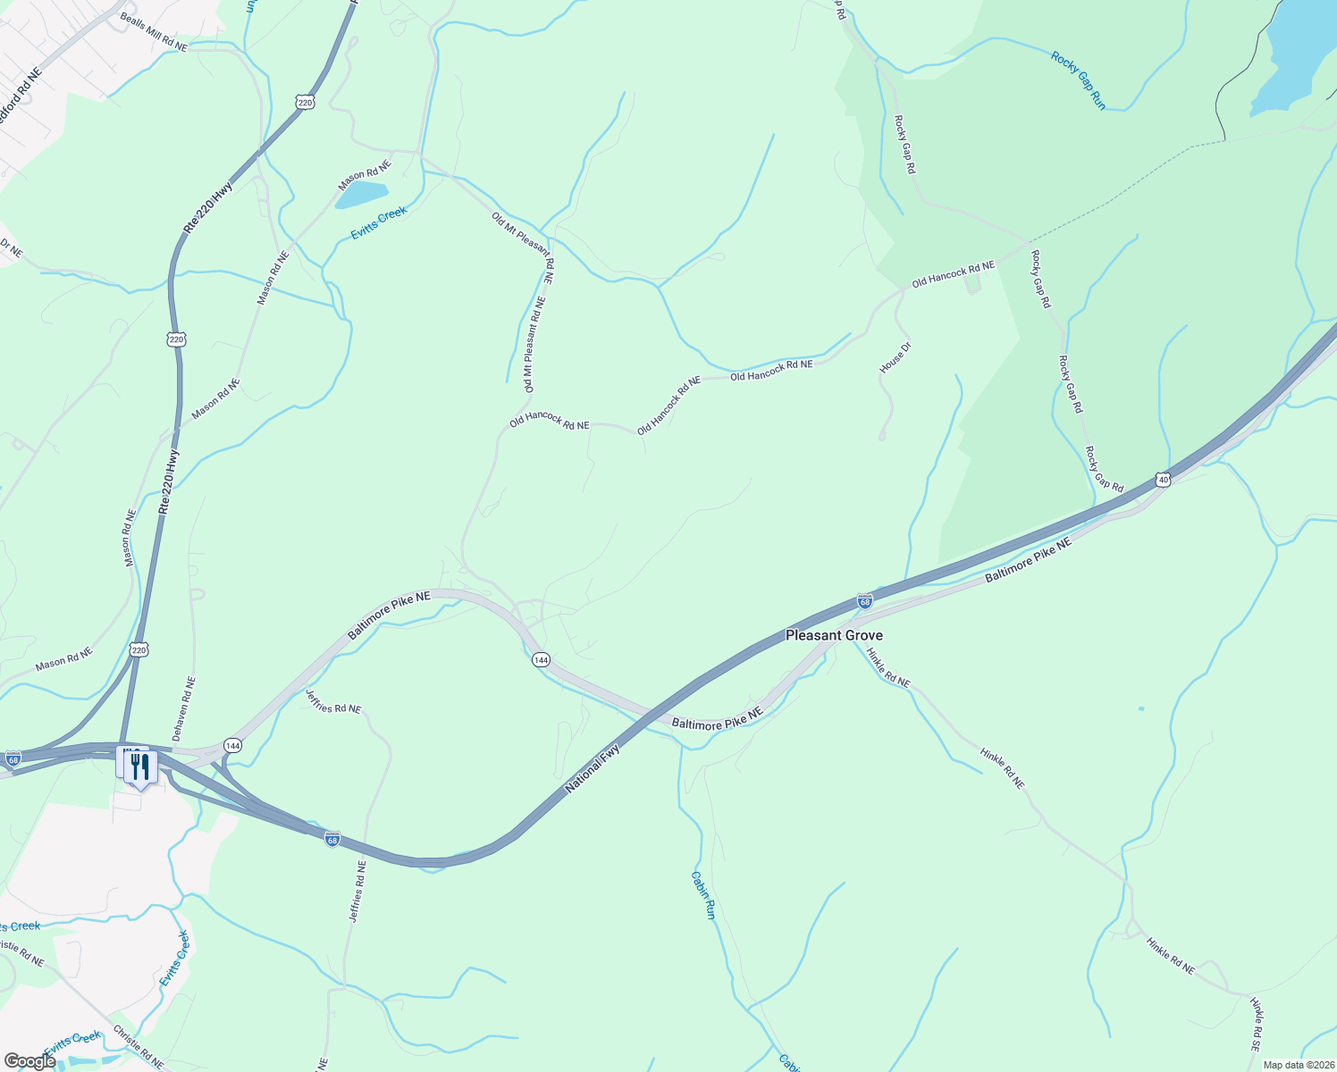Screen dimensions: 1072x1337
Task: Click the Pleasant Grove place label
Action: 834,635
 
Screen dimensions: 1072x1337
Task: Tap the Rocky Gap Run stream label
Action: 1078,80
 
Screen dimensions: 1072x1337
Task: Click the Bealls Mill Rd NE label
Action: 153,33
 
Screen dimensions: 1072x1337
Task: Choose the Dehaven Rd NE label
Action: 183,708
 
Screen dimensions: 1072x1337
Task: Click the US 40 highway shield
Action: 1162,480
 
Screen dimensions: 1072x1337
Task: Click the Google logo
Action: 29,1061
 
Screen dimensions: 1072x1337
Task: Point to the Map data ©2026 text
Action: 1297,1065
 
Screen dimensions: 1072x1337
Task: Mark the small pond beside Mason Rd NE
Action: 362,193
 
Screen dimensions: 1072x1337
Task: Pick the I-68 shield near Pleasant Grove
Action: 864,601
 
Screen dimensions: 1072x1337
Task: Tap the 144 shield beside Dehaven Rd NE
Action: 232,745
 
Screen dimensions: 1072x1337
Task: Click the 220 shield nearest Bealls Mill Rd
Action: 306,103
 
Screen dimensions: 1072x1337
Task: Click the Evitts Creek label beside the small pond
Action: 379,222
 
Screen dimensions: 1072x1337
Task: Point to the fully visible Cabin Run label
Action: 703,895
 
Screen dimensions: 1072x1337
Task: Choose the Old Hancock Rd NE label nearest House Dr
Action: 953,274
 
